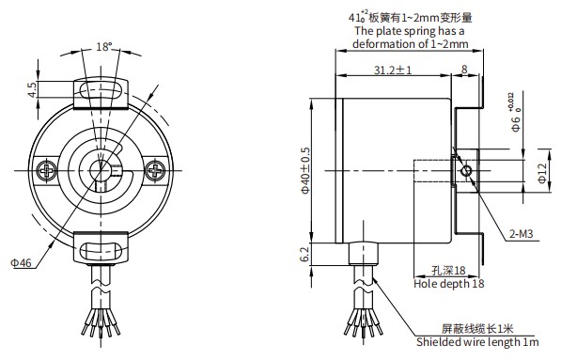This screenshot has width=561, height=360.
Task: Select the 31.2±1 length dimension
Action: (x=393, y=70)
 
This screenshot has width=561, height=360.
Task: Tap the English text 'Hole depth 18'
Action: (x=449, y=282)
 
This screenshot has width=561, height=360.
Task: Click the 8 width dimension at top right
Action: (x=464, y=70)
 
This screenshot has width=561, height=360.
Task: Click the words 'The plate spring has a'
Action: (x=411, y=30)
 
